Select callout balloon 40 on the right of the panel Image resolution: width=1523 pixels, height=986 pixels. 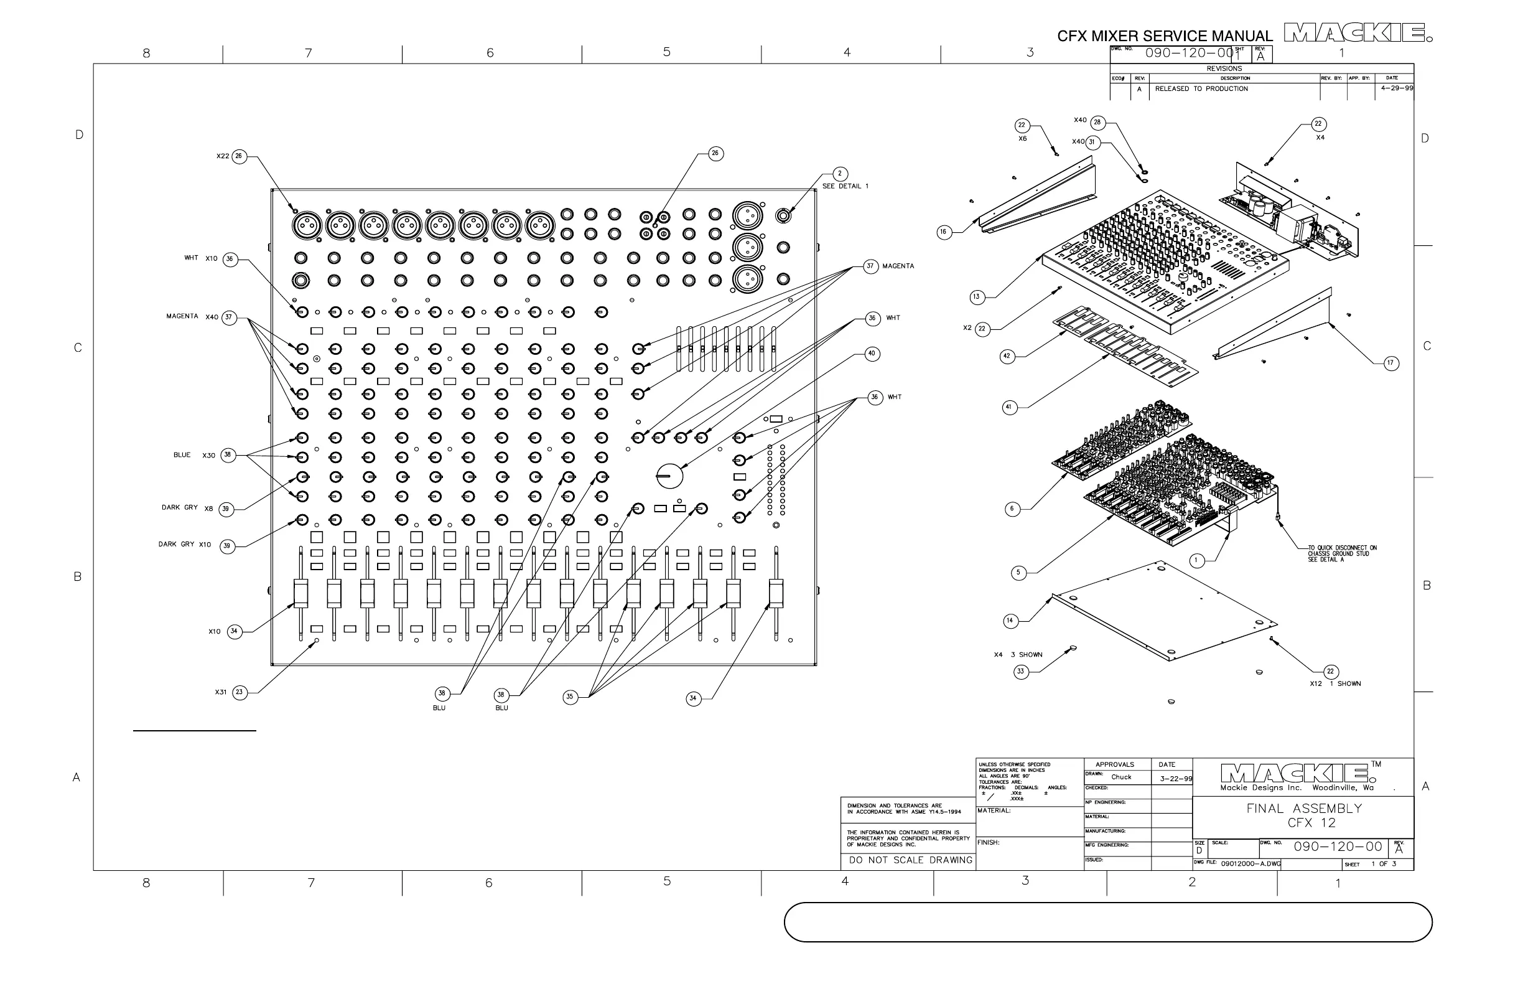tap(871, 354)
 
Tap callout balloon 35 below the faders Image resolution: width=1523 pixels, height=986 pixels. tap(570, 697)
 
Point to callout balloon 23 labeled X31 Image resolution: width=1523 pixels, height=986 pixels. tap(240, 692)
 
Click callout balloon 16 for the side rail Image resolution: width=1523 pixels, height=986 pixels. tap(944, 232)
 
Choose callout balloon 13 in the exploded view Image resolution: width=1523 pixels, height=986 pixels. tap(977, 296)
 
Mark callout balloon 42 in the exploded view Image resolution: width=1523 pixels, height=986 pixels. tap(1007, 356)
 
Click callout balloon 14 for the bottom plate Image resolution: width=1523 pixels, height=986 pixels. tap(1010, 621)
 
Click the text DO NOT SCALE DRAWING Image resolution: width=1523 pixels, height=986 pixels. tap(911, 860)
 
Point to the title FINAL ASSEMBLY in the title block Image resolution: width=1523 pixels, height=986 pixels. tap(1304, 809)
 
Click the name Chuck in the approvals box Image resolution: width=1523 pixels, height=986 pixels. tap(1121, 777)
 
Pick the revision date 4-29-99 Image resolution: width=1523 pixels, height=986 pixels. tap(1397, 88)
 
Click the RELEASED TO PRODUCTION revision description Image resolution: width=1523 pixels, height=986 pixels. tap(1201, 89)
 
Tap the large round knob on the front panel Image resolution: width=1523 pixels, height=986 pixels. tap(669, 476)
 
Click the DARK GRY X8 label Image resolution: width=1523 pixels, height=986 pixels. tap(187, 508)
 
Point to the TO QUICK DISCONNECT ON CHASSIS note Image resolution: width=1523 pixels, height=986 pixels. tap(1342, 553)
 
